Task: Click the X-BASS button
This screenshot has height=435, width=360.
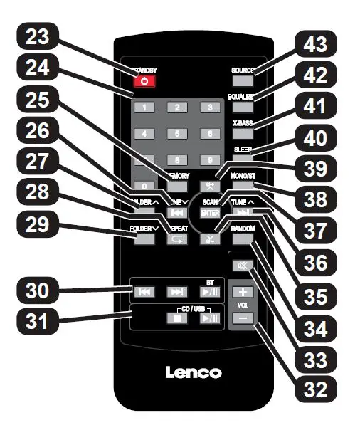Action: click(x=243, y=134)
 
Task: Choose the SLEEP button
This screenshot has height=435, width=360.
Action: click(x=243, y=159)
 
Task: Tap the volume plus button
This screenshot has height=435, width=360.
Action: click(x=242, y=292)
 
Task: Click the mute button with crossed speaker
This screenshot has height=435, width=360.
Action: click(x=242, y=266)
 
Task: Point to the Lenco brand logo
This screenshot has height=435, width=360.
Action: click(x=194, y=372)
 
